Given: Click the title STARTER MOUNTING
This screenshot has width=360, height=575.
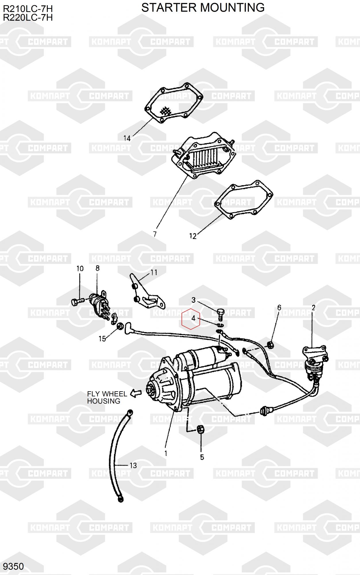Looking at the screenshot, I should coord(203,8).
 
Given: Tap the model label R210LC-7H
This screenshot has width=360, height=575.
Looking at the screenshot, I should coord(28,9).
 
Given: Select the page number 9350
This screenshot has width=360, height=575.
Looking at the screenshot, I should coord(13,566).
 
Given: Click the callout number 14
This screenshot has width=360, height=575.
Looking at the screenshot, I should coord(127,138).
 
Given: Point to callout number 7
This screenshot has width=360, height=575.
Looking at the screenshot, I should coord(155,234).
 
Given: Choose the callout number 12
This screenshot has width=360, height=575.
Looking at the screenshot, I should coord(193,236).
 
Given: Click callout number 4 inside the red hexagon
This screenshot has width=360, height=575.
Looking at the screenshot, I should coord(193,318).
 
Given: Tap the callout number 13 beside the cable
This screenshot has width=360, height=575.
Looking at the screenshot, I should coord(133,465).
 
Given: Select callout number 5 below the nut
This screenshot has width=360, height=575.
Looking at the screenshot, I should coord(202,457).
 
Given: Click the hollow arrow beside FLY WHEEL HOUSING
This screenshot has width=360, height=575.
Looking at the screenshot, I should coord(136,393).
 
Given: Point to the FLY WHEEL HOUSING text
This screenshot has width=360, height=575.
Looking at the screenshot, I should coord(107,397).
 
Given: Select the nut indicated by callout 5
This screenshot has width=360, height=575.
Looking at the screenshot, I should coord(201,430).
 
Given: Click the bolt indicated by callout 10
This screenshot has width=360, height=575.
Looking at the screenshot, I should coord(77,301).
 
